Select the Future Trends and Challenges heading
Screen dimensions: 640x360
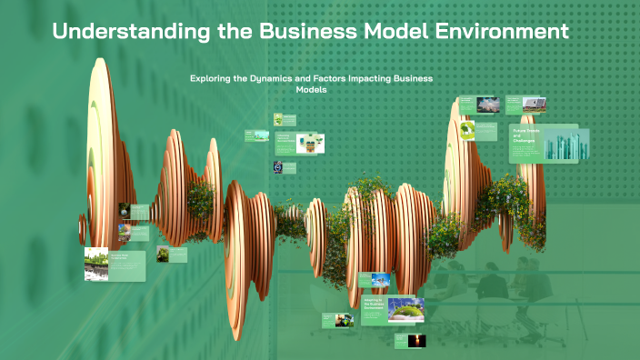click(x=525, y=137)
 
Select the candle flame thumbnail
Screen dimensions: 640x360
click(x=418, y=340)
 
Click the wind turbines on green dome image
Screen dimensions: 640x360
click(x=405, y=311)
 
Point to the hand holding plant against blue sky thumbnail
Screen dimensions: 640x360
click(x=380, y=281)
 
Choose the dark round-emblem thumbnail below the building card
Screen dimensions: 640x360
click(x=279, y=167)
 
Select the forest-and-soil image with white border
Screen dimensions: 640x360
click(x=96, y=264)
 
